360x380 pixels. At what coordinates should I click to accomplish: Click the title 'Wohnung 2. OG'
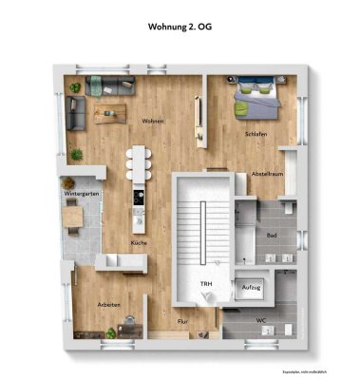click(x=180, y=29)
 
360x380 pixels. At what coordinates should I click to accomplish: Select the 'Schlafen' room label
click(x=255, y=134)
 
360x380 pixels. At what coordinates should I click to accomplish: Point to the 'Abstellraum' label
click(x=266, y=173)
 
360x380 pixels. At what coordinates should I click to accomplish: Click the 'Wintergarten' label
click(x=82, y=193)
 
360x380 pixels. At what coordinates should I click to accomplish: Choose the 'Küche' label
click(x=139, y=243)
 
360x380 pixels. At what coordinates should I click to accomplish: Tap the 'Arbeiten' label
click(x=107, y=304)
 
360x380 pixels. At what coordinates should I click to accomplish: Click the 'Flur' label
click(x=184, y=322)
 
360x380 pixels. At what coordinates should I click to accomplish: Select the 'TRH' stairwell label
click(x=204, y=284)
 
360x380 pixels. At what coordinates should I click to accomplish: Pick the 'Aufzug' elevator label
click(x=252, y=286)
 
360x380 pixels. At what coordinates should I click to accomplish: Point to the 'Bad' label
click(x=271, y=235)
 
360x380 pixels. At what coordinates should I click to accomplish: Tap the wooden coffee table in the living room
click(x=113, y=114)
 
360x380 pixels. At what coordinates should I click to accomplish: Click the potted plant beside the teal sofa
click(x=75, y=87)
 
